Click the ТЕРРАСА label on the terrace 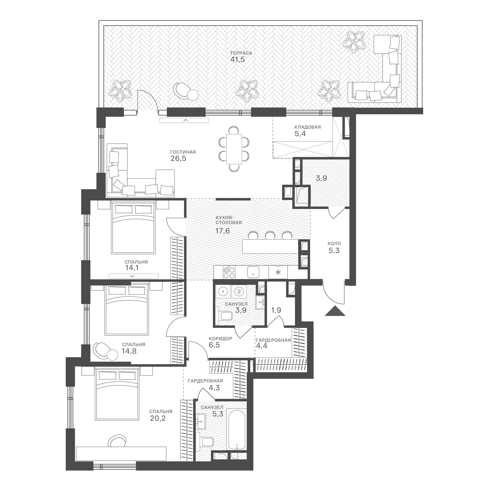tap(241, 53)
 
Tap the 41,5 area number tap(237, 60)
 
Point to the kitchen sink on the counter tap(253, 272)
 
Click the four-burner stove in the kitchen tap(229, 272)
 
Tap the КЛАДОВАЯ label tap(308, 127)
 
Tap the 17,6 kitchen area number tap(223, 231)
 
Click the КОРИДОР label tap(221, 339)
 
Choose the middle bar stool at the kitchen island tap(270, 235)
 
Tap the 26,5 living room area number tap(178, 158)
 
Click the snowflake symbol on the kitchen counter tap(278, 272)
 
